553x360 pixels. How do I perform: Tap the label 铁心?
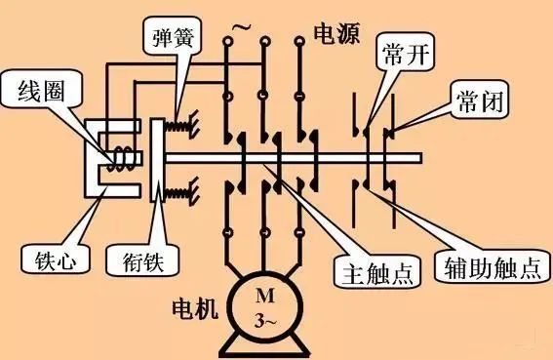45,259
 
